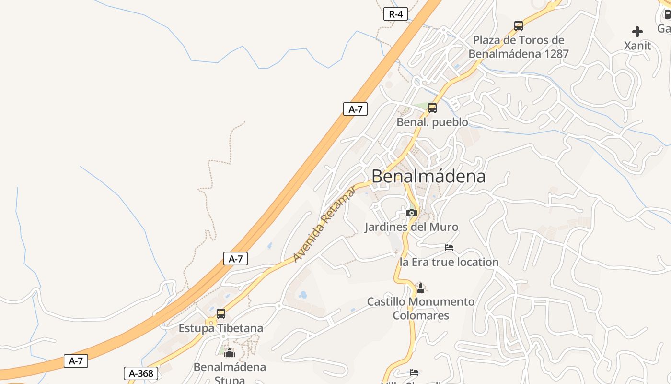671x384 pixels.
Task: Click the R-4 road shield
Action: pyautogui.click(x=395, y=14)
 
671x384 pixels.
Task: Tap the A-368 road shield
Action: pyautogui.click(x=141, y=373)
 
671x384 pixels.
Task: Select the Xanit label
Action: pyautogui.click(x=637, y=46)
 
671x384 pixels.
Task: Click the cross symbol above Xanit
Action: pyautogui.click(x=637, y=32)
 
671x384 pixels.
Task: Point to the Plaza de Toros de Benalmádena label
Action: pyautogui.click(x=519, y=47)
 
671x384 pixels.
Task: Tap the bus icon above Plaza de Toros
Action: pyautogui.click(x=518, y=25)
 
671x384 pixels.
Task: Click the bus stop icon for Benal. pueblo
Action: pyautogui.click(x=432, y=108)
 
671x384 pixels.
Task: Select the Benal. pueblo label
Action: pyautogui.click(x=432, y=122)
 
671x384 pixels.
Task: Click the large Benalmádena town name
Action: pyautogui.click(x=428, y=176)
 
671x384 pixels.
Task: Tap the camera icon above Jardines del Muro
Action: pyautogui.click(x=411, y=213)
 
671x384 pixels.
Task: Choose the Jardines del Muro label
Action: pyautogui.click(x=411, y=227)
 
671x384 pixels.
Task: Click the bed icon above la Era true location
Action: pyautogui.click(x=449, y=248)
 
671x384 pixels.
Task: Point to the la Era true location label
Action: pyautogui.click(x=449, y=262)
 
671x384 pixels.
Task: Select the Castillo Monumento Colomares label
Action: pyautogui.click(x=421, y=309)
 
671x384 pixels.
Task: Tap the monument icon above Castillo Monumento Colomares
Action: pyautogui.click(x=421, y=288)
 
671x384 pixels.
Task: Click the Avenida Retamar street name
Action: pyautogui.click(x=325, y=225)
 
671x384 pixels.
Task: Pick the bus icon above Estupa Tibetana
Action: pyautogui.click(x=221, y=314)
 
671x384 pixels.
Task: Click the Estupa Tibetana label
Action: pyautogui.click(x=221, y=328)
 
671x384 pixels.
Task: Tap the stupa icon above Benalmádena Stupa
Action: pyautogui.click(x=230, y=353)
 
